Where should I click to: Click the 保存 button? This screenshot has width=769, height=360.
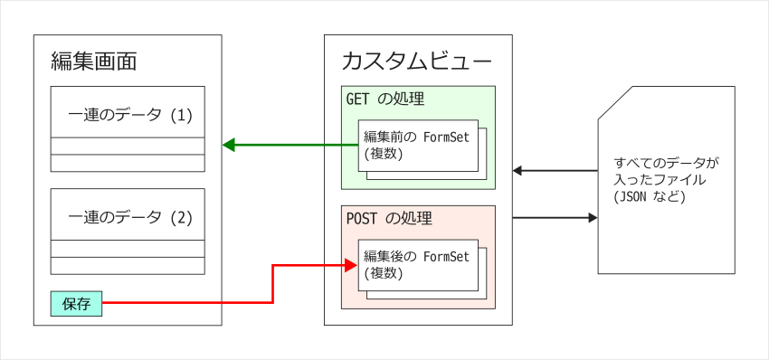[76, 305]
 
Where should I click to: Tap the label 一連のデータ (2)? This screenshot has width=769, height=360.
[130, 217]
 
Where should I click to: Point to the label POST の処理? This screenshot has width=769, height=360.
[389, 218]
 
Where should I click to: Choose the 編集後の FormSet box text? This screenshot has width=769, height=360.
[416, 257]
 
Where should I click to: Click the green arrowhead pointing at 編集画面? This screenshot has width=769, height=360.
[229, 145]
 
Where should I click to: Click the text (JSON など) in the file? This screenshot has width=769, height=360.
[649, 196]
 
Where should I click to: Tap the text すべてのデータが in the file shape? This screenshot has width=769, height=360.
[666, 164]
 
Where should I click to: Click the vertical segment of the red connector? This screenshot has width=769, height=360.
[272, 284]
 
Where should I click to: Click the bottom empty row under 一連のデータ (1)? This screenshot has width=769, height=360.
[128, 163]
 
